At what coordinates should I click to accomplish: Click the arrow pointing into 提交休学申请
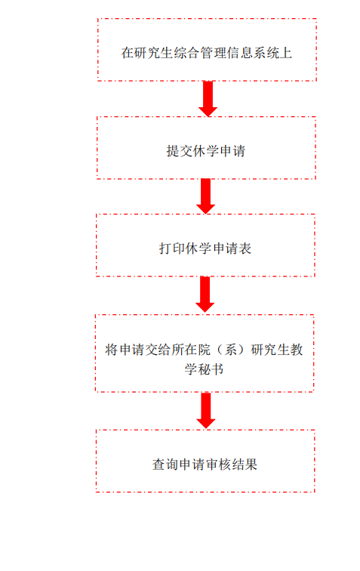[x=208, y=99]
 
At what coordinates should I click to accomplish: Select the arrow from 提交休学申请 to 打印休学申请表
[x=206, y=196]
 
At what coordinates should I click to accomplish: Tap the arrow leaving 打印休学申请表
[x=205, y=295]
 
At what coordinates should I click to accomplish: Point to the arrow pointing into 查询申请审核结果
[x=206, y=410]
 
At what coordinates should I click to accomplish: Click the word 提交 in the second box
[x=180, y=151]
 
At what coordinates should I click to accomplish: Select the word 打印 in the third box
[x=172, y=248]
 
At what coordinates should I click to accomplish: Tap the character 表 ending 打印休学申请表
[x=245, y=248]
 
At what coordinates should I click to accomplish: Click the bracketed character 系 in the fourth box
[x=231, y=350]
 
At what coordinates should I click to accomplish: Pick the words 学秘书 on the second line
[x=204, y=369]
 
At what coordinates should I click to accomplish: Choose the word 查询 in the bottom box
[x=165, y=465]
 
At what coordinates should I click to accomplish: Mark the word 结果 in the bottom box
[x=245, y=465]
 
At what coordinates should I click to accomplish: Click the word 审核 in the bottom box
[x=218, y=465]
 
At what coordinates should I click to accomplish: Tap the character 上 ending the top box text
[x=286, y=53]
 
